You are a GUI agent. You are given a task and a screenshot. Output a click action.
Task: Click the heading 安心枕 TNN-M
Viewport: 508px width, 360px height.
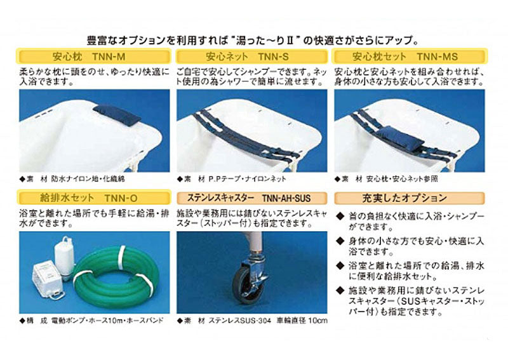(x=94, y=56)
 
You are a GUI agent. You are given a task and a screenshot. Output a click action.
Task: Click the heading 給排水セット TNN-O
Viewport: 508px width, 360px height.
(x=94, y=198)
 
